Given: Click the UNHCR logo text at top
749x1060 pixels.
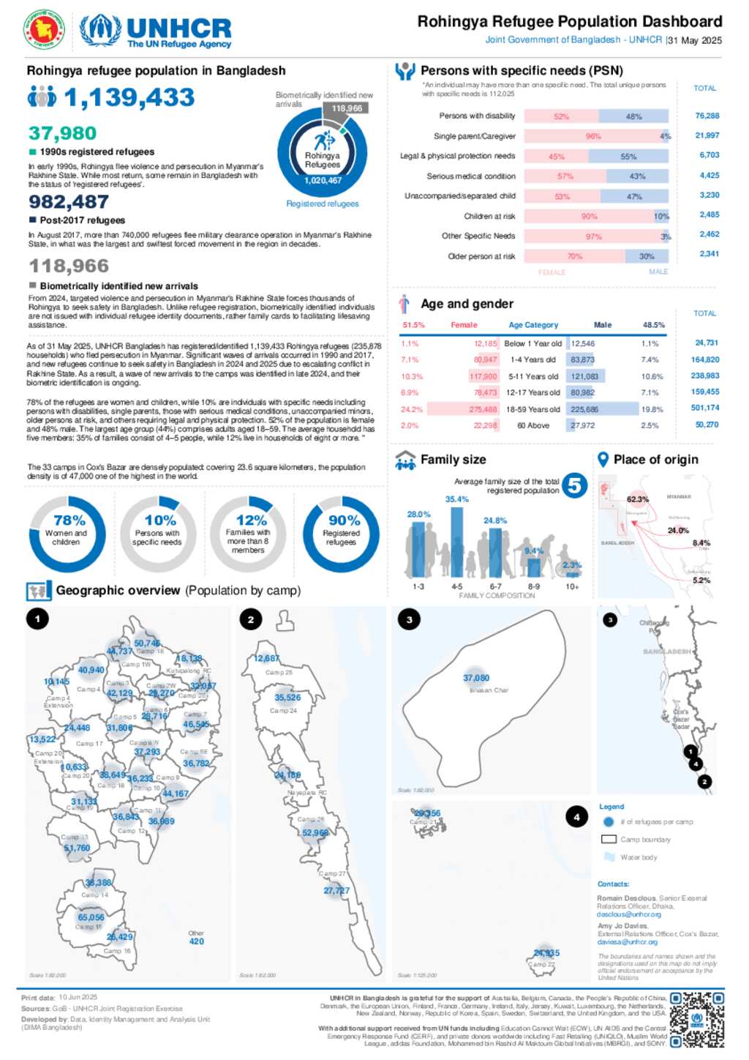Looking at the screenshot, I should point(178,29).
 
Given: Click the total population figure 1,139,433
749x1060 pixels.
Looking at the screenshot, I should point(129,97).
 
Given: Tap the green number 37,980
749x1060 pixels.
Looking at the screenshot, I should point(62,133).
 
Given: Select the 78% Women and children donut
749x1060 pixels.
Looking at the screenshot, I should point(67,534).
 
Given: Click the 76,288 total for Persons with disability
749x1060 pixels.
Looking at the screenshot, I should point(707,116).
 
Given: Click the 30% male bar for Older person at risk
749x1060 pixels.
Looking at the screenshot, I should point(647,256).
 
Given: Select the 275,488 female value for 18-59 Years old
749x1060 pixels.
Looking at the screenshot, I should point(483,409).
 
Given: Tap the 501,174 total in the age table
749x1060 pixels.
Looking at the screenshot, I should point(705,408).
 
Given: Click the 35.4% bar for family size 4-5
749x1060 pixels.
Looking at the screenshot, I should point(457,542).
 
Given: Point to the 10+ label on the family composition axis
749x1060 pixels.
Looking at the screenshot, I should point(572,586).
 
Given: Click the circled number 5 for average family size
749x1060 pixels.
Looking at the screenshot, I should point(575,485).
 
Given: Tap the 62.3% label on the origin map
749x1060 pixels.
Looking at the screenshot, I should point(637,499).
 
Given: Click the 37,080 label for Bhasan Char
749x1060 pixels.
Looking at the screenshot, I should point(476,678).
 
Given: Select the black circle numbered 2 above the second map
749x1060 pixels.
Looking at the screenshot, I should point(251,619).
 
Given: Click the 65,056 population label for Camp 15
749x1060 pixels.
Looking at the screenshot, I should point(91,917).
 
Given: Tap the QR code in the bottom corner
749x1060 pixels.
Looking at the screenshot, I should point(697,1019).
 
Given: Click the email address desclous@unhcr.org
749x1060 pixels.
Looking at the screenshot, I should point(628,914).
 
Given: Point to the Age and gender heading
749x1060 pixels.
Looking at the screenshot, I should point(467,304).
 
